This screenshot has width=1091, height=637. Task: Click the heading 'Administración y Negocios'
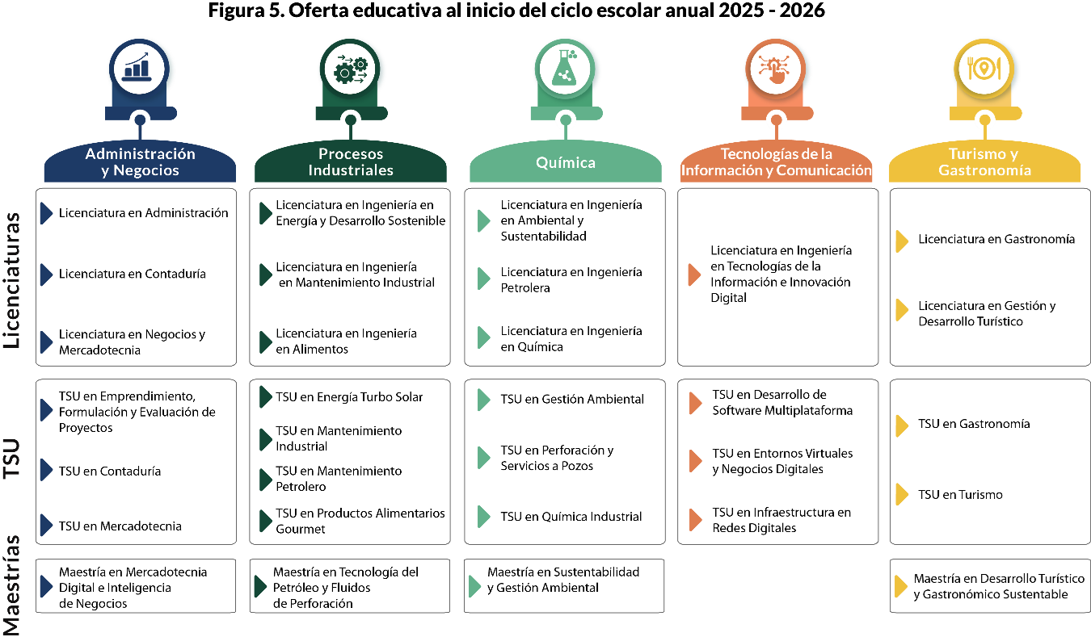[140, 162]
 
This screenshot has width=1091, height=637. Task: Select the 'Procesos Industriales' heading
[351, 162]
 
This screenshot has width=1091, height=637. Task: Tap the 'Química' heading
[566, 162]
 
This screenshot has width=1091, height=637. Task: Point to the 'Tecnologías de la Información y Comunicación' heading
[776, 162]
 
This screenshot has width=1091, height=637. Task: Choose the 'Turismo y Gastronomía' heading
[984, 162]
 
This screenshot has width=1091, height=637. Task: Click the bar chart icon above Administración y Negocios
[139, 69]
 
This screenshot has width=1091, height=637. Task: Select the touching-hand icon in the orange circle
[775, 69]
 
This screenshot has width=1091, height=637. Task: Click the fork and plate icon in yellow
[984, 69]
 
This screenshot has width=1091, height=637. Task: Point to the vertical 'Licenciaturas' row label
[12, 281]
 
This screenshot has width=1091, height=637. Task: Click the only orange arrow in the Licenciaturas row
[694, 274]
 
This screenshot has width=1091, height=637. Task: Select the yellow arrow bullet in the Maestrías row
[901, 587]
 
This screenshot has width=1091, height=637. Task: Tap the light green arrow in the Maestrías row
[475, 586]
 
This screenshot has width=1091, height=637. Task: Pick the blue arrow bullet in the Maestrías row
[46, 586]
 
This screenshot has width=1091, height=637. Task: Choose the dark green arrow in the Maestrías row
[260, 586]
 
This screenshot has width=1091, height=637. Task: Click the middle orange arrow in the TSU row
[695, 461]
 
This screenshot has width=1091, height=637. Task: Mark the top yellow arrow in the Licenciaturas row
[902, 241]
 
